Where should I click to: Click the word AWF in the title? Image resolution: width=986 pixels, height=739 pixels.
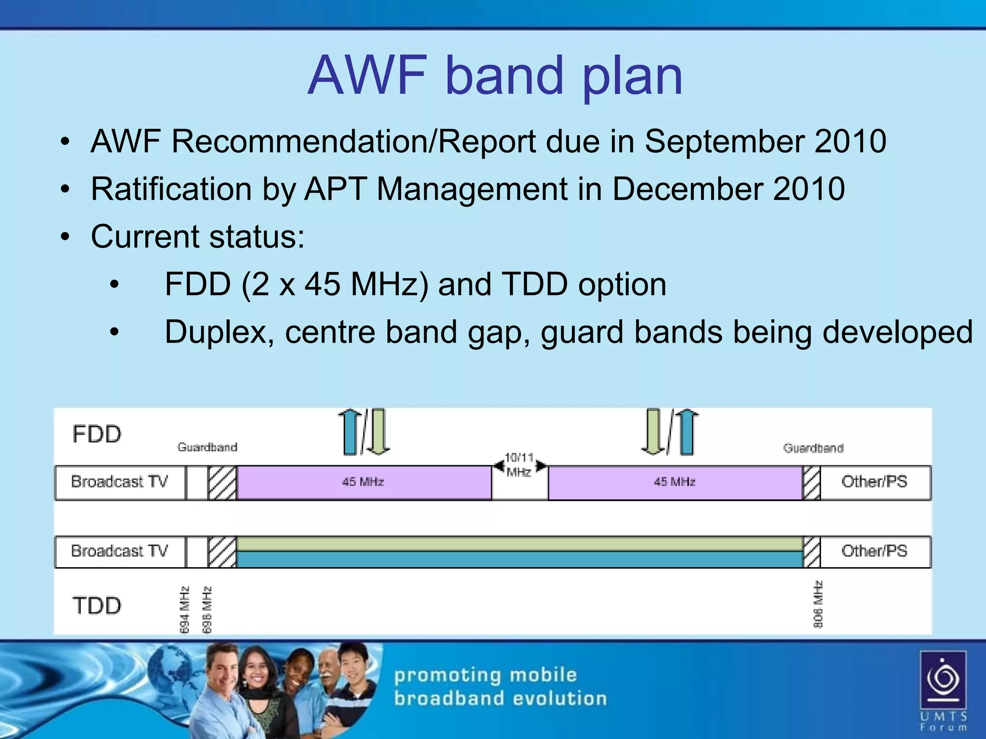click(x=367, y=76)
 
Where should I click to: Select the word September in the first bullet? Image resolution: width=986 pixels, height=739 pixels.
click(x=724, y=141)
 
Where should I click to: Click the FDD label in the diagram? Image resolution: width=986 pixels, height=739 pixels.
click(x=97, y=434)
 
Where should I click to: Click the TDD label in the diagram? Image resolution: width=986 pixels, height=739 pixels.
click(x=97, y=605)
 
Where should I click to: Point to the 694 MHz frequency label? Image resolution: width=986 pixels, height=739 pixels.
click(x=184, y=609)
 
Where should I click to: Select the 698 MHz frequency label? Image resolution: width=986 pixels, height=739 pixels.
click(x=207, y=609)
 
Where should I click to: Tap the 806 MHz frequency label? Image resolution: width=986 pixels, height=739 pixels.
click(x=818, y=605)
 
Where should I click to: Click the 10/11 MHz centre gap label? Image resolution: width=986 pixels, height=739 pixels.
click(x=519, y=464)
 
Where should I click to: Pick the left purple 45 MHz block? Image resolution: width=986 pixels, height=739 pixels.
click(x=363, y=482)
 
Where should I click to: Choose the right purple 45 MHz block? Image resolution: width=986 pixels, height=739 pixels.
click(x=675, y=482)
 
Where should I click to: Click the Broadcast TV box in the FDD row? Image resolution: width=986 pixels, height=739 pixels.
click(x=120, y=482)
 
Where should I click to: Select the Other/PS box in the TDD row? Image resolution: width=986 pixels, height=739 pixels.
click(x=875, y=551)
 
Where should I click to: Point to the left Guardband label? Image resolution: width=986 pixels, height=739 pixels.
click(x=208, y=447)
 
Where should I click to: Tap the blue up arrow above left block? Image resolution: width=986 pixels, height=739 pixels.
click(x=350, y=432)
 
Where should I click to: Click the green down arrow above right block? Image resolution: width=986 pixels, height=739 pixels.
click(x=653, y=432)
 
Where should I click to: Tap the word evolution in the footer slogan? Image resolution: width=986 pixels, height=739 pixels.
click(x=559, y=698)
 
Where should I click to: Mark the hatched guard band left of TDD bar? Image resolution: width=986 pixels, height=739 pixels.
click(x=222, y=552)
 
